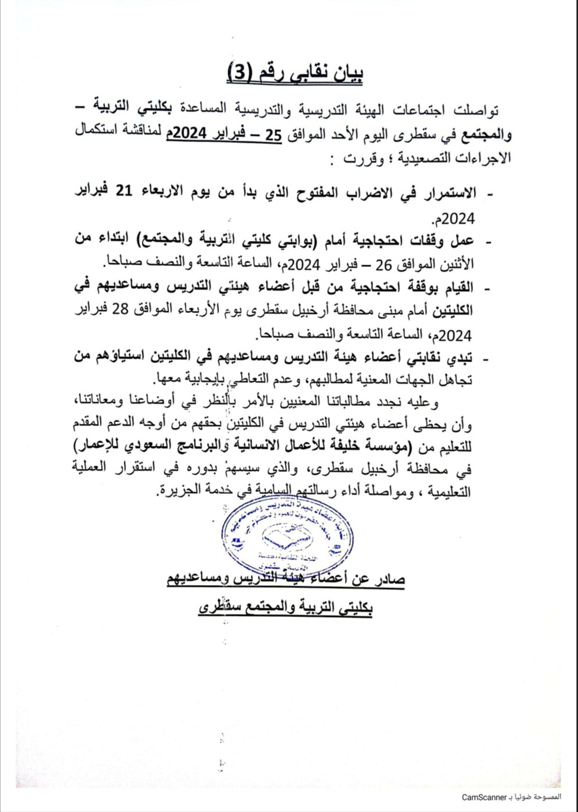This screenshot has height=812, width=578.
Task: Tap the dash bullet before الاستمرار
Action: [488, 195]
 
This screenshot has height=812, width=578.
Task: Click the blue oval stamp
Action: [289, 539]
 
